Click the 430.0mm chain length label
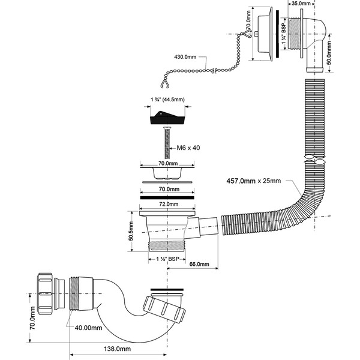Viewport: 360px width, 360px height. coord(185,56)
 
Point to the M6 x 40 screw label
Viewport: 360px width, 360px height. coord(188,148)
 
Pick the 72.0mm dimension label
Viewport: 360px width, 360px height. coord(167,204)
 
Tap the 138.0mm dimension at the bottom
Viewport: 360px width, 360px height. coord(118,348)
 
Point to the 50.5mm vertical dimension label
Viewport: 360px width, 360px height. coord(131,230)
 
